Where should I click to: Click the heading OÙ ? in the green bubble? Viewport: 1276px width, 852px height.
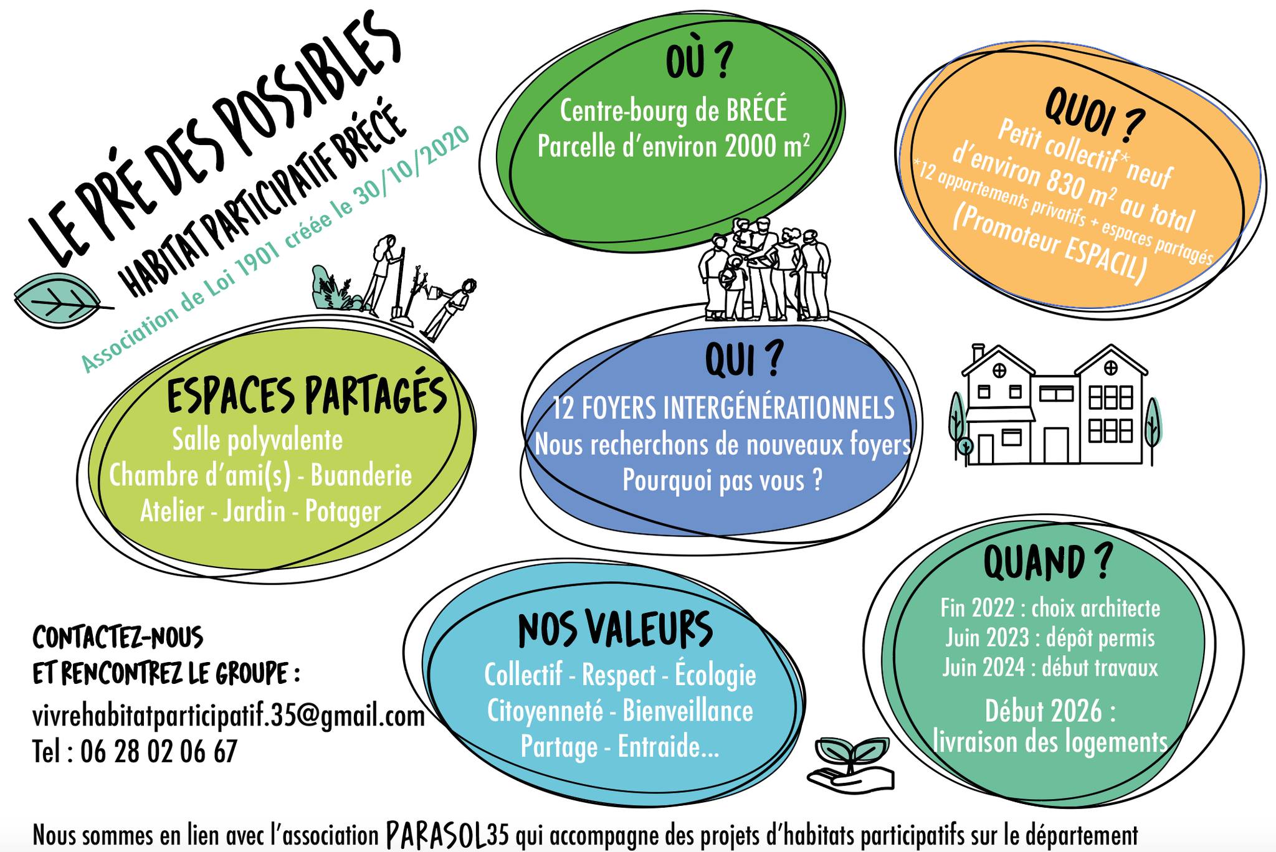(696, 62)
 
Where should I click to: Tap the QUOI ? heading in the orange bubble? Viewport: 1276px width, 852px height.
(1094, 115)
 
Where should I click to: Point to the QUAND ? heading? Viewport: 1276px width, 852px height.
(1047, 561)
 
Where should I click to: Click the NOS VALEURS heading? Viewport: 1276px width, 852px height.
(616, 630)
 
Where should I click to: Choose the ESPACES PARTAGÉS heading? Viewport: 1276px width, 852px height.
(307, 394)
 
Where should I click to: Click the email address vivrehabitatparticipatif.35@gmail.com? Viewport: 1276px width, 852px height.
(228, 716)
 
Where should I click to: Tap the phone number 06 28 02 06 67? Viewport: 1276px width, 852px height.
(159, 751)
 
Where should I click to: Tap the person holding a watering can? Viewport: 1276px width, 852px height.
(449, 308)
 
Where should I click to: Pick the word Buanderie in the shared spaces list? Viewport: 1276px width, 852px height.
(361, 475)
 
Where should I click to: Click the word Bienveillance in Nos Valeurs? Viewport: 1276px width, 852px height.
(688, 711)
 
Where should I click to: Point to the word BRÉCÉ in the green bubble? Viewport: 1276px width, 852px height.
(756, 110)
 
